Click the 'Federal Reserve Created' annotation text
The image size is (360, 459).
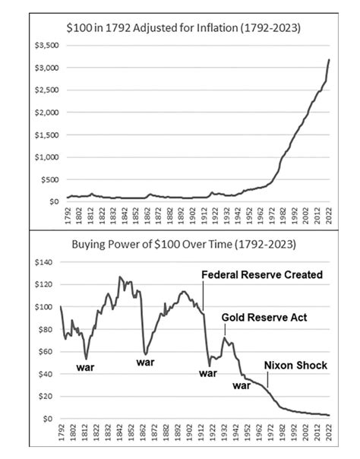pyautogui.click(x=262, y=274)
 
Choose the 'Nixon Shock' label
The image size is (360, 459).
pyautogui.click(x=295, y=366)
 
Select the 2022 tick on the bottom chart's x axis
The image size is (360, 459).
pyautogui.click(x=327, y=432)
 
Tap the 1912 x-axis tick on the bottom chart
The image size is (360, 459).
pyautogui.click(x=204, y=432)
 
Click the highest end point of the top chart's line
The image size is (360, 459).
pyautogui.click(x=329, y=59)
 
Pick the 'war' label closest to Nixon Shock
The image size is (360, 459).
pyautogui.click(x=242, y=385)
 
